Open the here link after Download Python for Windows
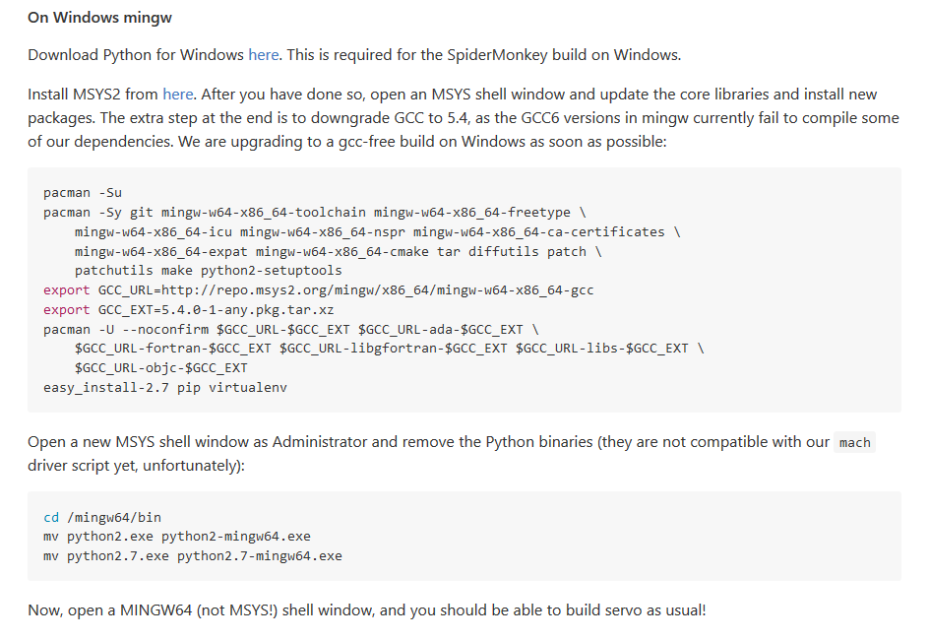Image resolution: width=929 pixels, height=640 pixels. pyautogui.click(x=263, y=55)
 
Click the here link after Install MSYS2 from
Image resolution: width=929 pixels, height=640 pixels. pyautogui.click(x=178, y=95)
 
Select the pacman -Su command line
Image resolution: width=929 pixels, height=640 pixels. pyautogui.click(x=83, y=193)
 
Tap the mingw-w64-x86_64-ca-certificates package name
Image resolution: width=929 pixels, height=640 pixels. pyautogui.click(x=539, y=232)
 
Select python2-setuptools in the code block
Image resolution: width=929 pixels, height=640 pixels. pyautogui.click(x=272, y=271)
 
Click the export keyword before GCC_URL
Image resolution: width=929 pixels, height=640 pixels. pyautogui.click(x=66, y=290)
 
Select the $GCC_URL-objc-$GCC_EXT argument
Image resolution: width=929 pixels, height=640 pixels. pyautogui.click(x=161, y=368)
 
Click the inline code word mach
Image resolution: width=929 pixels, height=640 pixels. pyautogui.click(x=854, y=443)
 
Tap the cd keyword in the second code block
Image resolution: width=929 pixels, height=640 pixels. pyautogui.click(x=51, y=517)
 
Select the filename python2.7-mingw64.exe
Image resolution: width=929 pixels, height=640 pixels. pyautogui.click(x=260, y=556)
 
